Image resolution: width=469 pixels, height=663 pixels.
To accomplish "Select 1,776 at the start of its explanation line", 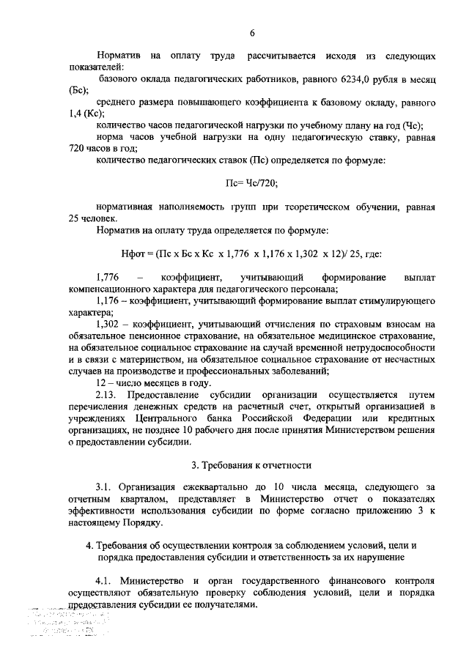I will (108, 278).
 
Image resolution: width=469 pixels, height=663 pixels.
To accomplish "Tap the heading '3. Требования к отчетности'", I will (251, 465).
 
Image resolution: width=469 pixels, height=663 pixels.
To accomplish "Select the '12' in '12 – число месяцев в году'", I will (102, 383).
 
